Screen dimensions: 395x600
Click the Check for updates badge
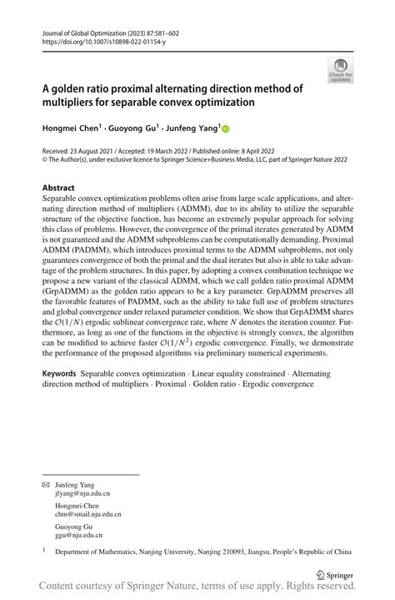[x=341, y=69]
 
